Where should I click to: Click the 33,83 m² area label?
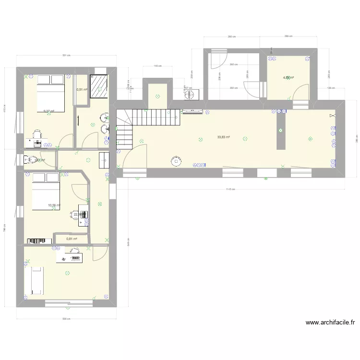pyautogui.click(x=223, y=137)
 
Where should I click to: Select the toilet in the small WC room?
pyautogui.click(x=28, y=159)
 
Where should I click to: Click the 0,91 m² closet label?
pyautogui.click(x=82, y=89)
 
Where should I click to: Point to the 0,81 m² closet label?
pyautogui.click(x=72, y=239)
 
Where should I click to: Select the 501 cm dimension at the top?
pyautogui.click(x=66, y=55)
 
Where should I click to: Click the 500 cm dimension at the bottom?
pyautogui.click(x=66, y=319)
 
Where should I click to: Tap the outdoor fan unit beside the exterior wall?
pyautogui.click(x=191, y=94)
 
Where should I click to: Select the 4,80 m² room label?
pyautogui.click(x=288, y=77)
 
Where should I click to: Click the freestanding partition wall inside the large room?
pyautogui.click(x=281, y=132)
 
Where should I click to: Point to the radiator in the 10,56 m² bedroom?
pyautogui.click(x=39, y=240)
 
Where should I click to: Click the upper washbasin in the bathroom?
pyautogui.click(x=104, y=117)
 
